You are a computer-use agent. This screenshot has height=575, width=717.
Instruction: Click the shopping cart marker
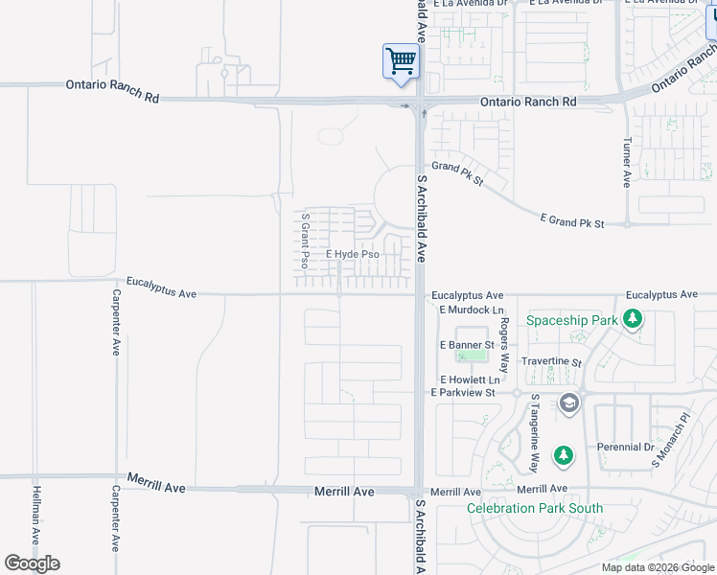pos(400,62)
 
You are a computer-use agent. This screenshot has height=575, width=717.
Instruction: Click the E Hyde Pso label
pos(352,255)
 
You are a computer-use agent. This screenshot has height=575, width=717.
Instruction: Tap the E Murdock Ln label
pos(472,310)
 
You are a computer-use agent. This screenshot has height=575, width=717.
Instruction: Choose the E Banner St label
pos(467,344)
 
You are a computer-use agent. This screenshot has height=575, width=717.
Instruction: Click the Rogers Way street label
pos(505,345)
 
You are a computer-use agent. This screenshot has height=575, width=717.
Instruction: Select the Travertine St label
pos(551,363)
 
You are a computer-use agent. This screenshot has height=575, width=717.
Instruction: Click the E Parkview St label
pos(463,393)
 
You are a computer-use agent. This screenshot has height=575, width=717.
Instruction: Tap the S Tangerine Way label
pos(535,432)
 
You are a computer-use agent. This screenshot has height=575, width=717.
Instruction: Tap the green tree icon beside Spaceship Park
pos(632,318)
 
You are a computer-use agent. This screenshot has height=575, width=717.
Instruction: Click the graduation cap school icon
pos(569,402)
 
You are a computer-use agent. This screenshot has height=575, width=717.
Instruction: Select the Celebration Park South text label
pos(535,509)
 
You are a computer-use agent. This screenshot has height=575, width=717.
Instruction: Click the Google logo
pos(32,563)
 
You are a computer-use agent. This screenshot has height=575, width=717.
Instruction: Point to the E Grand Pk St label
pos(572,220)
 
